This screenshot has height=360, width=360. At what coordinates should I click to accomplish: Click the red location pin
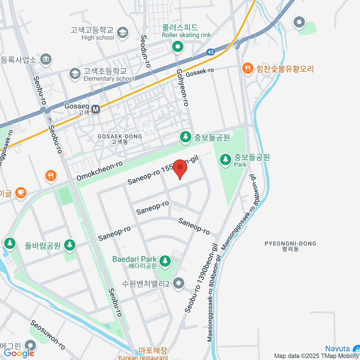point(180,168)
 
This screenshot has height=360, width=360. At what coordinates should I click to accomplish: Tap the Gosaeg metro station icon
point(96,109)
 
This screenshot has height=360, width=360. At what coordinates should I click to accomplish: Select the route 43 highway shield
point(211,52)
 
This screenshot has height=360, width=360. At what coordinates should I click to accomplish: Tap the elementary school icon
point(75,73)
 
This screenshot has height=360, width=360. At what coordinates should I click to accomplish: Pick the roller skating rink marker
point(178,47)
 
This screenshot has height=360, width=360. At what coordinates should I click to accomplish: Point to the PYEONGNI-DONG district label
point(290,246)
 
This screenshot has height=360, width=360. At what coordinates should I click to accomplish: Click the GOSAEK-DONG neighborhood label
point(120,139)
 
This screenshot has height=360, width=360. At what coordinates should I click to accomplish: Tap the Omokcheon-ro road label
point(100,171)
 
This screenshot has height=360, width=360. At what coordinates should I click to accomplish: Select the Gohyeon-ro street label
point(182,88)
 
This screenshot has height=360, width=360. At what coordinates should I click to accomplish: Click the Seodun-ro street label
point(146,51)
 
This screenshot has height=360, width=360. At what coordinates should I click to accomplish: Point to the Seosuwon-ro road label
point(48,335)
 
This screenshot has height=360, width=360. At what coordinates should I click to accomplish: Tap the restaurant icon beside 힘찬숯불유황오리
point(247,69)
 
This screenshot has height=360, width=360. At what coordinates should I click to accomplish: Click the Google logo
point(19,353)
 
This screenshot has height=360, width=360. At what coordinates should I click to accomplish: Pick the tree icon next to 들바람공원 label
point(70,244)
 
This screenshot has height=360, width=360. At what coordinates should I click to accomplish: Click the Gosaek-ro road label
point(200,72)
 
